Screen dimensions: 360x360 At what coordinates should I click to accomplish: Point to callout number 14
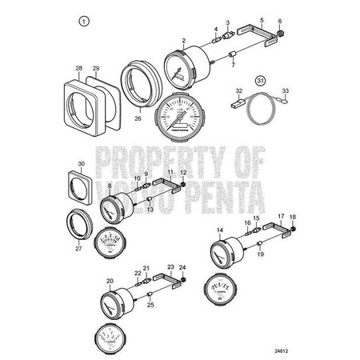[x=219, y=229]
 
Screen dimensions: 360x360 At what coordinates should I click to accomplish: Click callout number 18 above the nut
[x=292, y=217]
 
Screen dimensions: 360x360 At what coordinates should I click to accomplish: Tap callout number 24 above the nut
[x=183, y=266]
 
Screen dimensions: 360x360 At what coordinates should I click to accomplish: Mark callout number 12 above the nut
[x=182, y=174]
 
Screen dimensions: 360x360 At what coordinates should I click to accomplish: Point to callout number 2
[x=184, y=39]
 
